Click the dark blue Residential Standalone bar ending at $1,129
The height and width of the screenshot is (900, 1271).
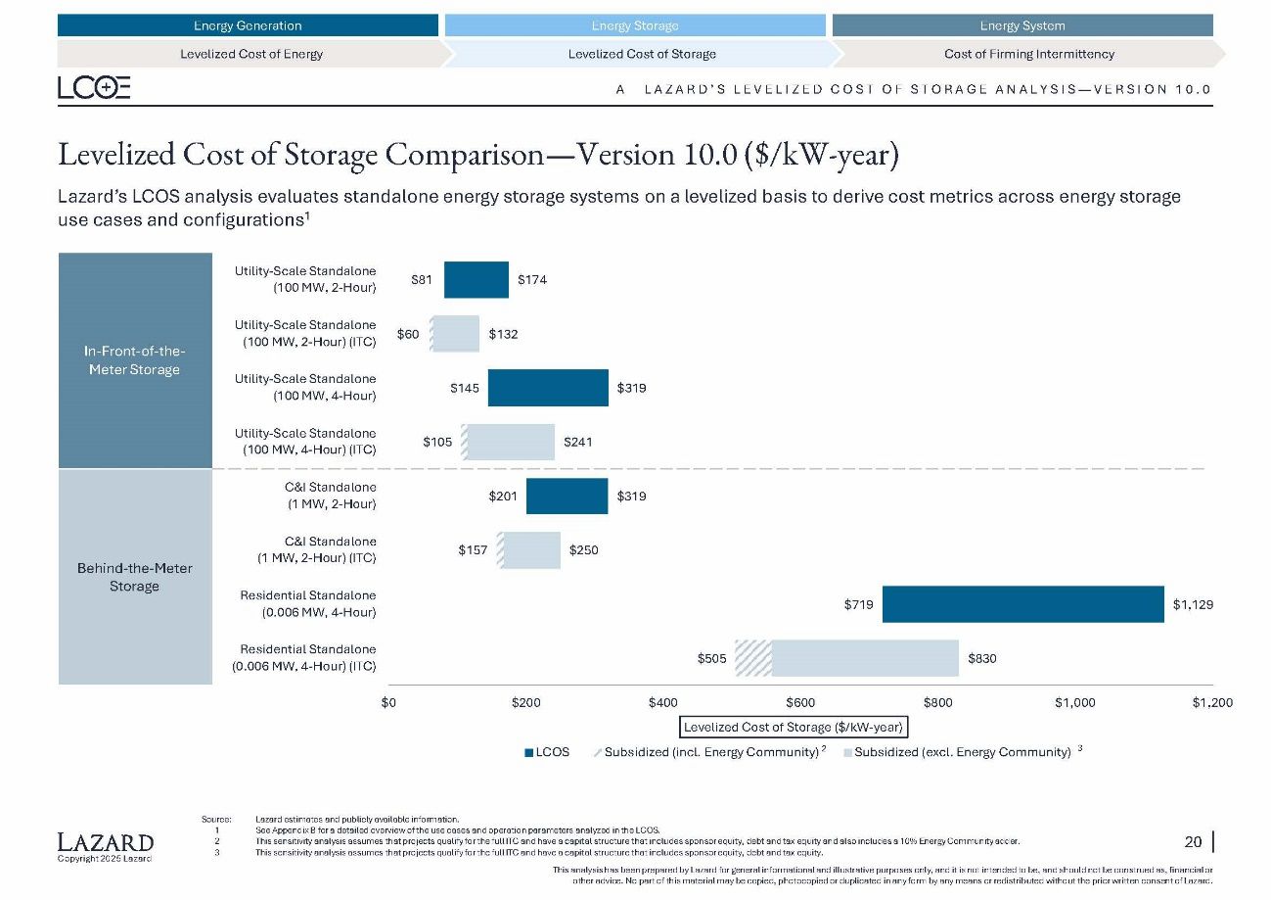(1022, 604)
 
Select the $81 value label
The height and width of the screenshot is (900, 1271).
(422, 280)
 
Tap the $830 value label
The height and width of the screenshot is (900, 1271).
(982, 659)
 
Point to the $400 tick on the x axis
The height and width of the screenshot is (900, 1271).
(663, 702)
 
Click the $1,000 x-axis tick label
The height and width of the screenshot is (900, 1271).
(1075, 702)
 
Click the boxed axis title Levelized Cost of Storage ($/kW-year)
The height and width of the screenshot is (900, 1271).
(793, 727)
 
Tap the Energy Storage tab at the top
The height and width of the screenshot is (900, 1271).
(635, 25)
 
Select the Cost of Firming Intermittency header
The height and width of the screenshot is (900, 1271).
(1028, 54)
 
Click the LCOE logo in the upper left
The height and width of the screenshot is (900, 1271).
(94, 88)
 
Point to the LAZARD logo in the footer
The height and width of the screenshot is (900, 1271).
(106, 843)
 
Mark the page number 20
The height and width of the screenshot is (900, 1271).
(1193, 841)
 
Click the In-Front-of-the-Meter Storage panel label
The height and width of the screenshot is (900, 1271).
(135, 360)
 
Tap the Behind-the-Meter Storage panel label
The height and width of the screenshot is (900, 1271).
(135, 577)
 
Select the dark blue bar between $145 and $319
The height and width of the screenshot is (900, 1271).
(548, 388)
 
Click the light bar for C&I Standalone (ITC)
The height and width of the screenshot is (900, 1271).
(531, 550)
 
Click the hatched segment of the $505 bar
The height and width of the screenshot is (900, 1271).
(752, 658)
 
